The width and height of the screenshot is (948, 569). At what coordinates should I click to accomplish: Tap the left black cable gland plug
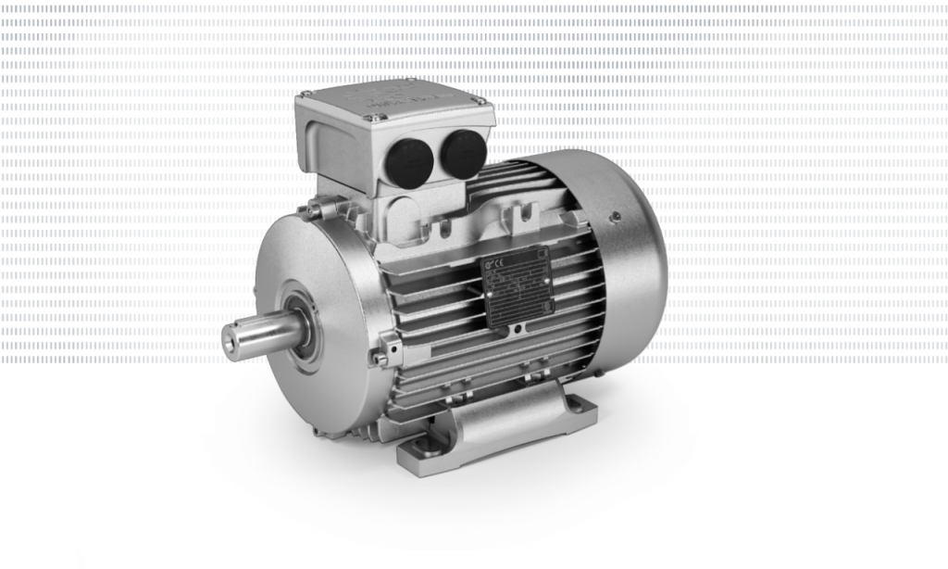pos(408,158)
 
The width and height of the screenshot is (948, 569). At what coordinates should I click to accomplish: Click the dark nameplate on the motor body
pos(517,286)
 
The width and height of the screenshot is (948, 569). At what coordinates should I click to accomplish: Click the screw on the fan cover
pos(615,219)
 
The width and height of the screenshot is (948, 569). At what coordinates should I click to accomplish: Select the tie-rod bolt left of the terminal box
pos(314,211)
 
